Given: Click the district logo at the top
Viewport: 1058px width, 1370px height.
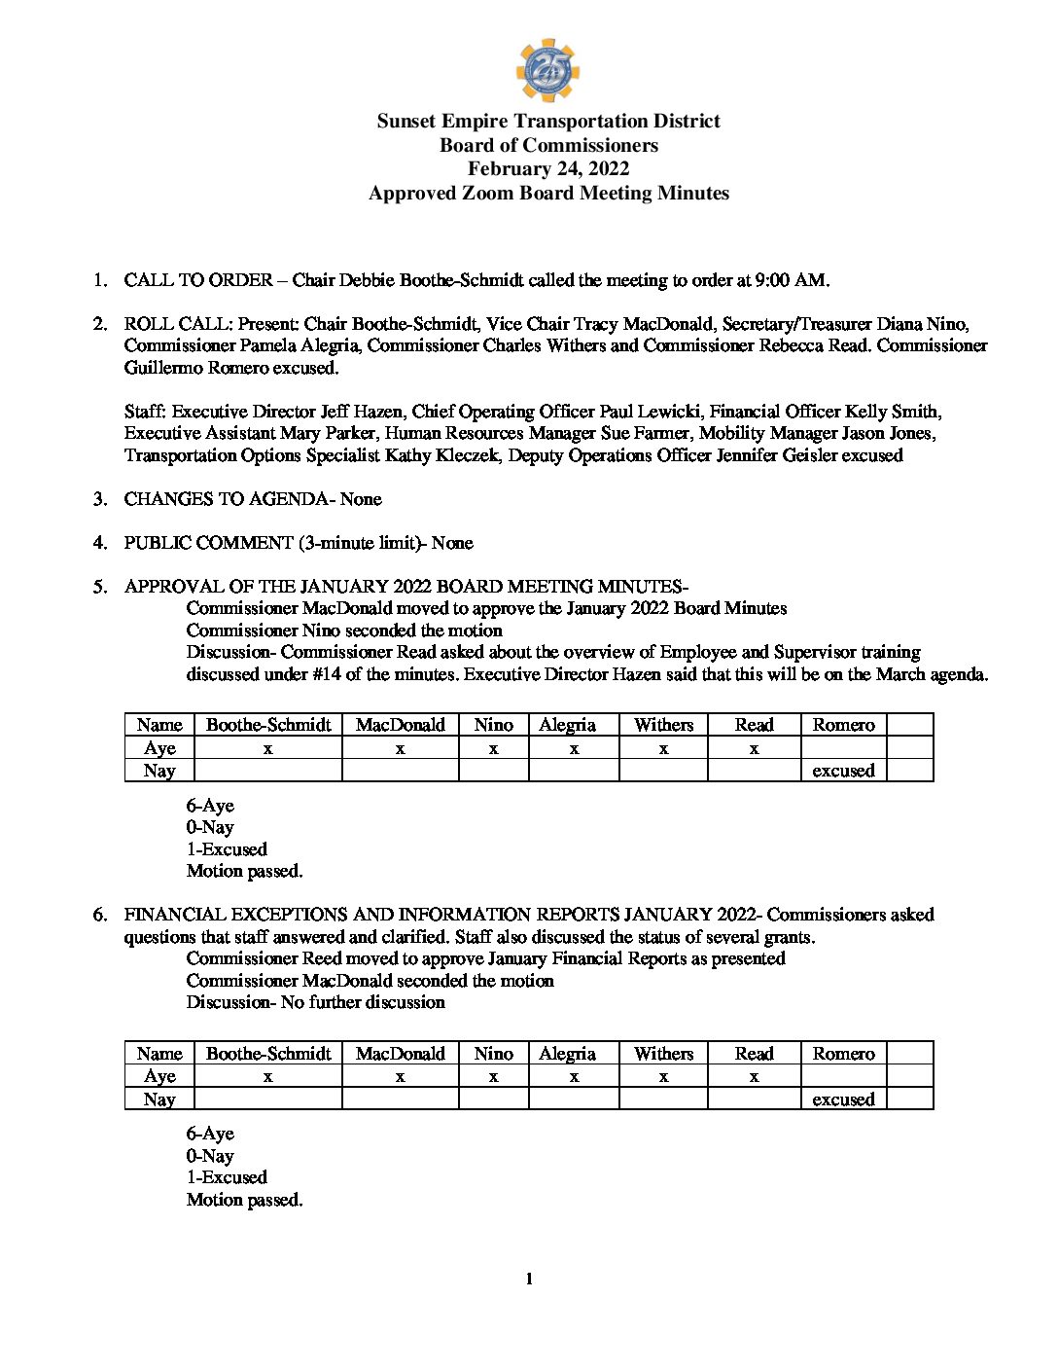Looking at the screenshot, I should tap(547, 70).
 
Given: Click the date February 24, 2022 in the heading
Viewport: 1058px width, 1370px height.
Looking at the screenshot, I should tap(548, 169).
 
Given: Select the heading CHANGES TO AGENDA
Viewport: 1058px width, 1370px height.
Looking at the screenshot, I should tap(227, 499).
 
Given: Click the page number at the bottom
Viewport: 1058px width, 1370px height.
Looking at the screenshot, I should tap(529, 1279).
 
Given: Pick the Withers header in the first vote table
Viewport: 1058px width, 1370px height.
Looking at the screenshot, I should tap(663, 725).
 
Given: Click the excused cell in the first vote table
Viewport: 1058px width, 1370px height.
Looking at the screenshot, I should tap(843, 771).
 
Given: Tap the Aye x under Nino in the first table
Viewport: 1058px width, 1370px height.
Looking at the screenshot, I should tap(493, 748).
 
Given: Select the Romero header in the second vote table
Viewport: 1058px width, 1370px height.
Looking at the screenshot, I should tap(843, 1054).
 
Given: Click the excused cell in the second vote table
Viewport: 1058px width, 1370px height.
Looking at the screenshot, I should tap(843, 1100).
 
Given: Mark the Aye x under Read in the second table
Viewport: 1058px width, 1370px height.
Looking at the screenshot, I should tap(754, 1077).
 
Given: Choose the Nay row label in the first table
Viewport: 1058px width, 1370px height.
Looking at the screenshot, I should tap(159, 771).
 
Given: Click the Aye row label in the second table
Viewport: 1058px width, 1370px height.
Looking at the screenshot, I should tap(159, 1076).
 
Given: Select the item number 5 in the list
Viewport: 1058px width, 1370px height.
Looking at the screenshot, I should tap(99, 587).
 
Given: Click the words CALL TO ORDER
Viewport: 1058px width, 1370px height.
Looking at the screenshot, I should tap(198, 280).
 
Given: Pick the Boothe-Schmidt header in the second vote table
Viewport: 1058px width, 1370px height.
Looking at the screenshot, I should tap(268, 1054).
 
